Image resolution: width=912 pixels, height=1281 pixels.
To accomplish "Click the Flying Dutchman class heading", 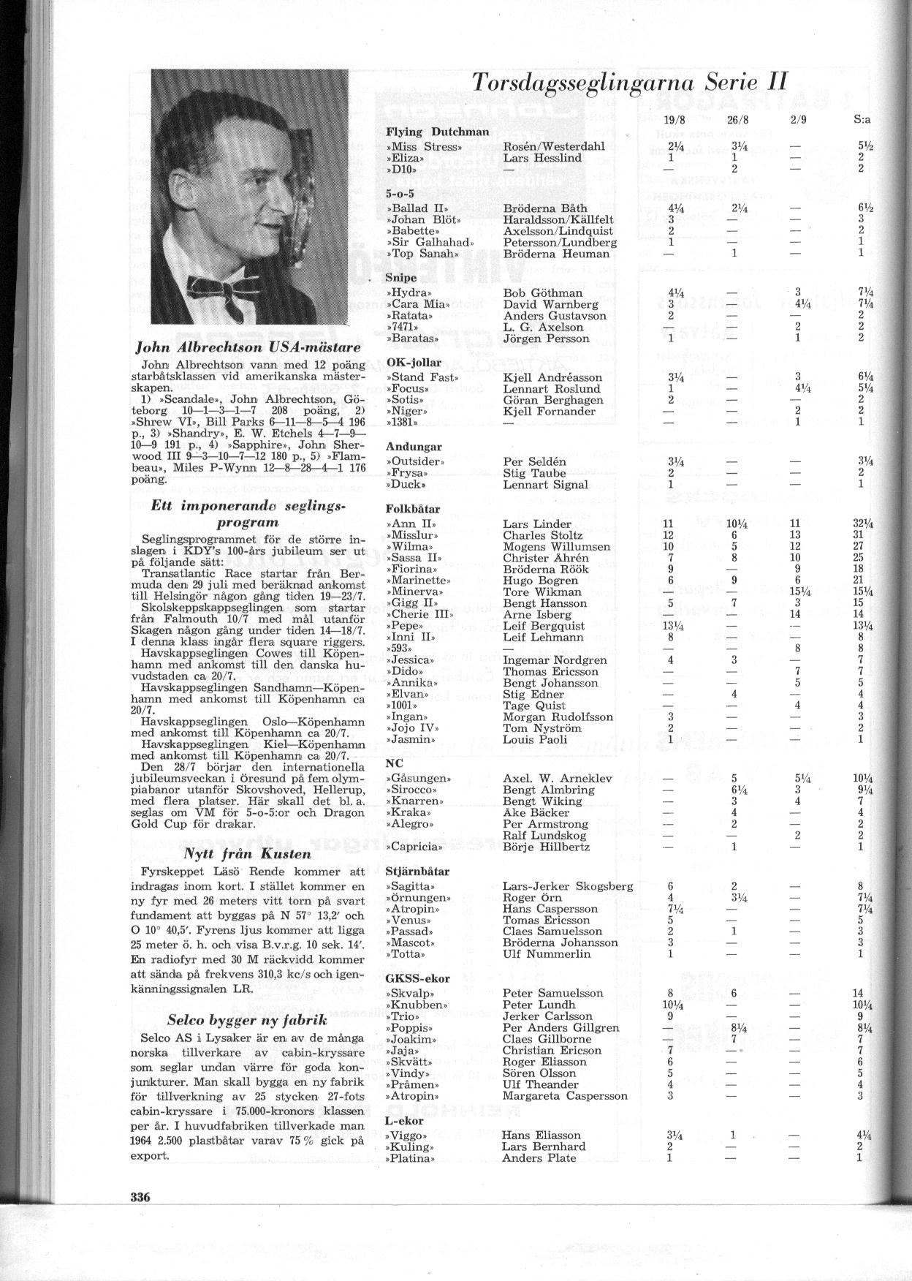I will tap(437, 132).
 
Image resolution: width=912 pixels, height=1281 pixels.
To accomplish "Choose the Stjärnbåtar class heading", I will tap(417, 872).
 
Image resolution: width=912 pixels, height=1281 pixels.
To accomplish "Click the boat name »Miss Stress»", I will tap(425, 146).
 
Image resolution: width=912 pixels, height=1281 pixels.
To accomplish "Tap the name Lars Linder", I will tap(537, 524).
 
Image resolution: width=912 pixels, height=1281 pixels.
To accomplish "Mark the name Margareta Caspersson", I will tap(565, 1096).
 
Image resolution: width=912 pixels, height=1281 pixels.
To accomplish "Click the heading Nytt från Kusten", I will tap(247, 853).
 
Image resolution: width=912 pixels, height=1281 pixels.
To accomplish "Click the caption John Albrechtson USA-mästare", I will tap(247, 346).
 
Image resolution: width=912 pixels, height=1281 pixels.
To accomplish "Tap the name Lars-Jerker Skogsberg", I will tap(568, 886).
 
